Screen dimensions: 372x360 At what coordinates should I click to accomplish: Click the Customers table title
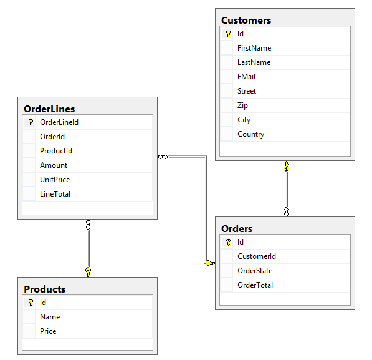246,21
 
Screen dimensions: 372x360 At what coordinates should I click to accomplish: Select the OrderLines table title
49,109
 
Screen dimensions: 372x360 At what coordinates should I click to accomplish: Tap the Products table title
45,289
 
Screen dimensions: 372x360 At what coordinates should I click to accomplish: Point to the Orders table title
237,228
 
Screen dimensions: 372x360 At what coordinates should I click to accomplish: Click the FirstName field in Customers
254,48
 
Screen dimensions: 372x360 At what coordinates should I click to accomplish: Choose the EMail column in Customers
247,77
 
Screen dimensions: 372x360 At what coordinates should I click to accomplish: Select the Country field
250,134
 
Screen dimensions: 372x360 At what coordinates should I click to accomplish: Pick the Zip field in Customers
242,105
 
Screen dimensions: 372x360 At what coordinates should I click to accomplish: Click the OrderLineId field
59,122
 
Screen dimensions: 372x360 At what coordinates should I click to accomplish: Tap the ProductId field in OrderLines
56,151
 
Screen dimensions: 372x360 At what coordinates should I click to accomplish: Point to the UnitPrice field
55,180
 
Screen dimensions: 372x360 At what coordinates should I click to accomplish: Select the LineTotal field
55,194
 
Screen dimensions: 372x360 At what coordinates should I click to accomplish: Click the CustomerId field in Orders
257,256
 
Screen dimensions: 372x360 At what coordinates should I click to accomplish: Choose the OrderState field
255,271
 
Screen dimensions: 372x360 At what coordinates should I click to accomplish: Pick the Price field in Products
48,331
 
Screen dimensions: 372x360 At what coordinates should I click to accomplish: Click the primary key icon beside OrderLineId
31,122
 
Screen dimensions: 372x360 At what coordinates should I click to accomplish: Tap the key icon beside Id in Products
31,303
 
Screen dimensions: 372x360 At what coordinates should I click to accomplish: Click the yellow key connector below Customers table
287,166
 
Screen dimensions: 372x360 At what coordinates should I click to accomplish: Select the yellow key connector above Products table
88,272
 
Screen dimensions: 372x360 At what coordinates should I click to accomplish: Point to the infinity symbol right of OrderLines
163,157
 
